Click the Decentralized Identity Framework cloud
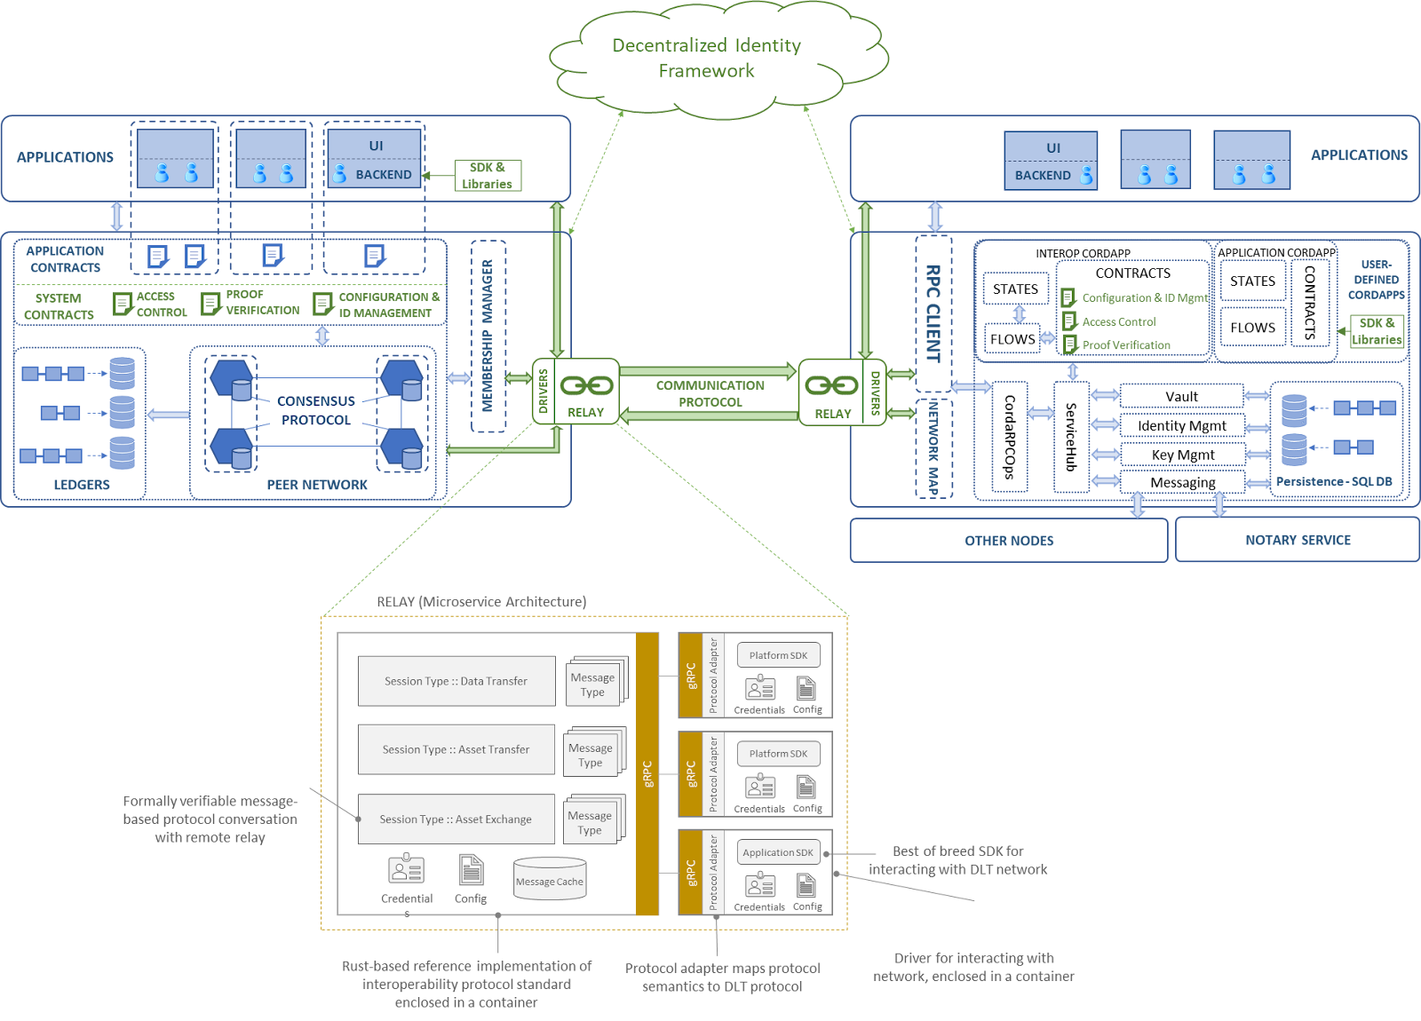tap(706, 59)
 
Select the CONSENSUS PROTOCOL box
tap(316, 410)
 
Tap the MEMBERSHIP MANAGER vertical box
tap(488, 336)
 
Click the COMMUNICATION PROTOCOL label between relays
tap(710, 393)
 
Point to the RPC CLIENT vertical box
tap(933, 313)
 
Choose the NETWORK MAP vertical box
tap(933, 447)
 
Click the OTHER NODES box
tap(1009, 541)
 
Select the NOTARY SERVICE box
tap(1298, 540)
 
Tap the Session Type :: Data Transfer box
tap(456, 681)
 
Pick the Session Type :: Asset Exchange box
tap(456, 819)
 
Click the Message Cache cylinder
tap(550, 880)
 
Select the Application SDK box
tap(778, 852)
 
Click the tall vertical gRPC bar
tap(647, 773)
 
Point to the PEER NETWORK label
tap(317, 485)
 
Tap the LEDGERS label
tap(82, 485)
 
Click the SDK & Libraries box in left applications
tap(488, 176)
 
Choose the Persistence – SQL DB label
tap(1334, 481)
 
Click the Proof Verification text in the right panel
tap(1126, 345)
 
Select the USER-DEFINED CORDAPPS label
tap(1376, 280)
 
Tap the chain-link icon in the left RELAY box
tap(586, 385)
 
